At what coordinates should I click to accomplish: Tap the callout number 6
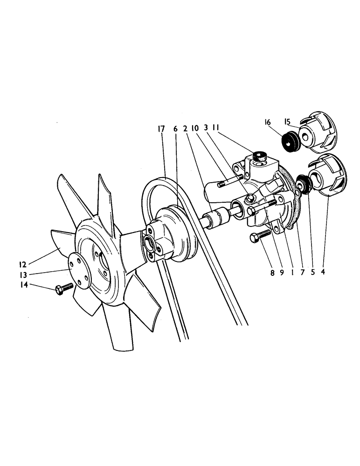[175, 129]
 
